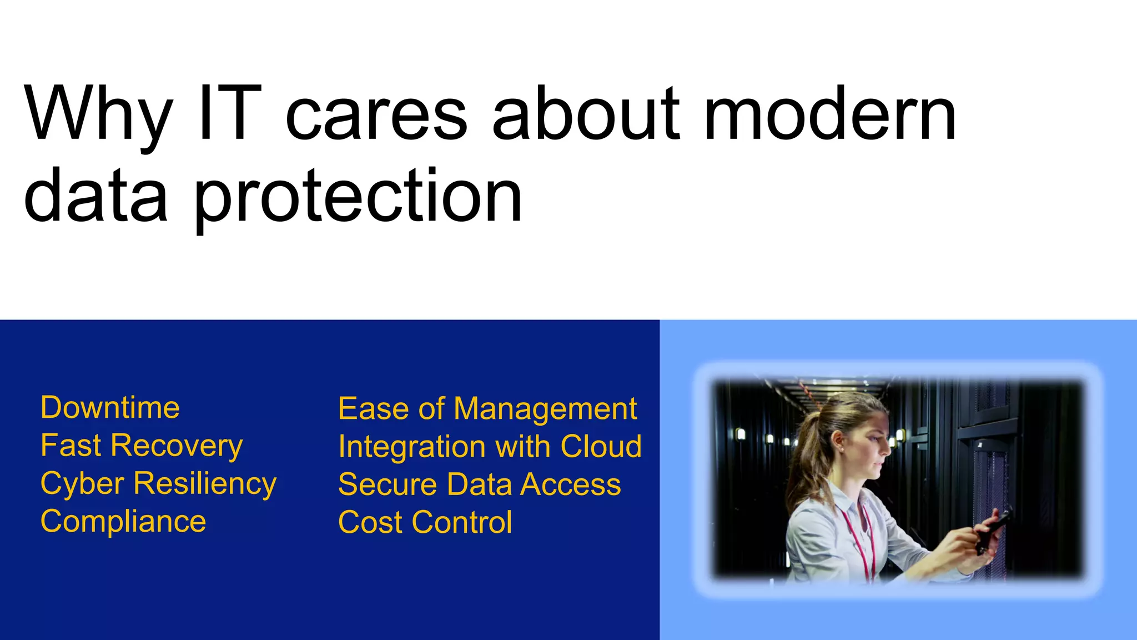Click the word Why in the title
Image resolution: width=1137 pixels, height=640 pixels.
[98, 114]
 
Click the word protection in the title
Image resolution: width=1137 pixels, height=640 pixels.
[358, 197]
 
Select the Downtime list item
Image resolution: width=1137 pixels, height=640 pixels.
[110, 408]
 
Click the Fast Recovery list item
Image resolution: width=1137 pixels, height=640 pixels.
[142, 446]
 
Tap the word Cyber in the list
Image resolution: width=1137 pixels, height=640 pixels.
[82, 483]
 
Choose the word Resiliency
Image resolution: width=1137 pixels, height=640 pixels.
[205, 483]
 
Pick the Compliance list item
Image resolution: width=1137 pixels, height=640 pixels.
[123, 521]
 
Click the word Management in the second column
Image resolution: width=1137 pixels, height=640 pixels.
[545, 409]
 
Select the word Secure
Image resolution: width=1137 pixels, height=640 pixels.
[388, 484]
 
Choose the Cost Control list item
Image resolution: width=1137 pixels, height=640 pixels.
[425, 522]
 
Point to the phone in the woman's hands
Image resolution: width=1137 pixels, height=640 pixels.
[994, 528]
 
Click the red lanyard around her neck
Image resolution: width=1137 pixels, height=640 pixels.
[858, 533]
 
